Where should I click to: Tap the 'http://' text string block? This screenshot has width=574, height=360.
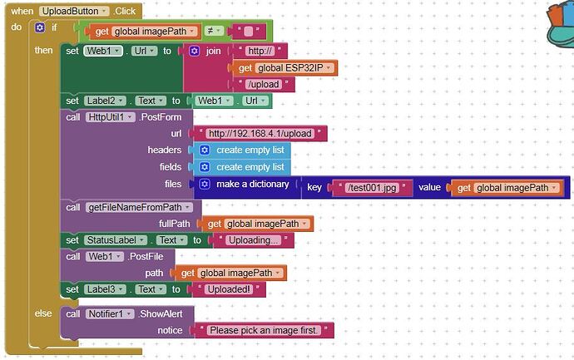coord(261,51)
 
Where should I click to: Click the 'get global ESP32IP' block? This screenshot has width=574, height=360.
coord(287,67)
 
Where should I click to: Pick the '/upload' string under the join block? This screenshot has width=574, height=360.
coord(265,84)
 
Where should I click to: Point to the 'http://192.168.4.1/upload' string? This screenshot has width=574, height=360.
coord(260,133)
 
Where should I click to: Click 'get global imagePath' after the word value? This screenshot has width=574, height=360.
coord(501,188)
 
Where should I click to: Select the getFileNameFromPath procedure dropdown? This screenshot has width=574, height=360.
coord(139,207)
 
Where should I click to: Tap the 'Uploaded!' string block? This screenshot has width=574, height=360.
coord(235,289)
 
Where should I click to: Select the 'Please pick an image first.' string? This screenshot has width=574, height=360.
coord(264,330)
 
